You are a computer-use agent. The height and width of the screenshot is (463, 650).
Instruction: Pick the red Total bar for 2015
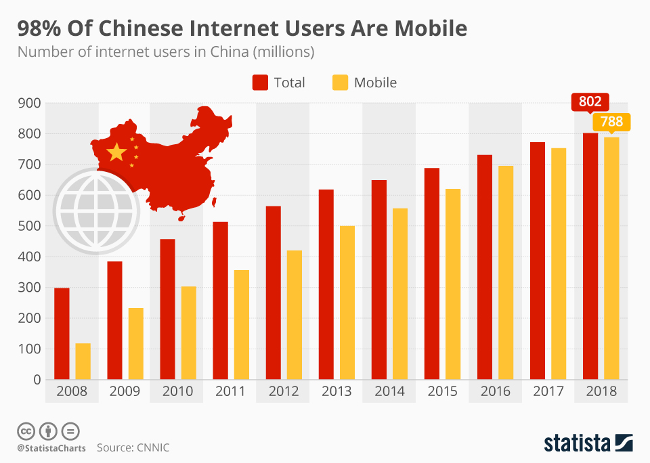(432, 273)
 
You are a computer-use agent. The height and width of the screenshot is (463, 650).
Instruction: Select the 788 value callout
(611, 123)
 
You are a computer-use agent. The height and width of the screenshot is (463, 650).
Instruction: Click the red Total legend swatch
(261, 83)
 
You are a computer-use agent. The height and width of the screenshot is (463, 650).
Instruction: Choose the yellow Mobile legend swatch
(341, 83)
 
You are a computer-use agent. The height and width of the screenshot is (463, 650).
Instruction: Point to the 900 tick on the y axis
(31, 103)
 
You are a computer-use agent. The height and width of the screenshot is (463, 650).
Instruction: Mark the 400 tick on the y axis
(31, 257)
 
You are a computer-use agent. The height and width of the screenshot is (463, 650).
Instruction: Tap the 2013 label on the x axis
(337, 391)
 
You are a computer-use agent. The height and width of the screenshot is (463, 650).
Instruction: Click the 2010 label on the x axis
(177, 391)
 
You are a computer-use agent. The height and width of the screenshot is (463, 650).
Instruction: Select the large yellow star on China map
(116, 152)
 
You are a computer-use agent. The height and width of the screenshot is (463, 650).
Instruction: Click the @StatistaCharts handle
(51, 447)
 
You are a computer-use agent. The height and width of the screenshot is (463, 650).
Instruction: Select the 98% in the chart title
(40, 28)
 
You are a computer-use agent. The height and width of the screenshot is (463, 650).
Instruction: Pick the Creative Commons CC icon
(26, 431)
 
